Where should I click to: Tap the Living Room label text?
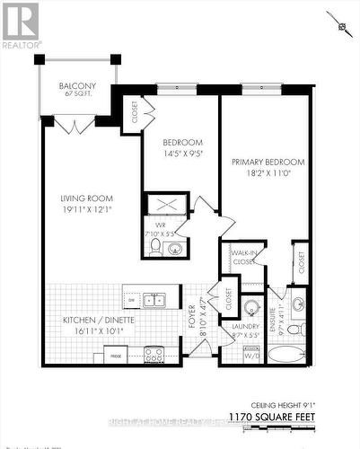pos(86,198)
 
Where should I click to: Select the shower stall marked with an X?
pos(167,205)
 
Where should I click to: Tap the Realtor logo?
pos(21,25)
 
